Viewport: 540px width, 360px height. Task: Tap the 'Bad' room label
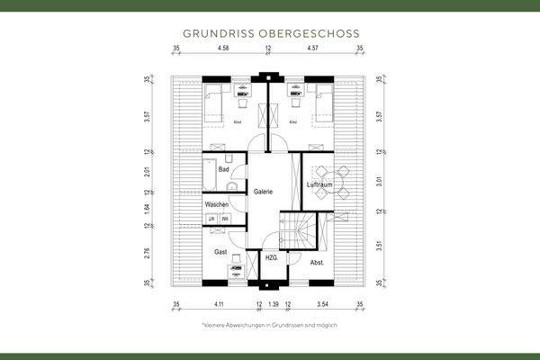click(x=223, y=169)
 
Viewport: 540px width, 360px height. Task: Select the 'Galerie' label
click(x=263, y=192)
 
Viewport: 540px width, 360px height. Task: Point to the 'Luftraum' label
click(x=319, y=184)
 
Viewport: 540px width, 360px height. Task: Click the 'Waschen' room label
click(x=217, y=205)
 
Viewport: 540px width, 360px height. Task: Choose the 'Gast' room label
click(x=220, y=253)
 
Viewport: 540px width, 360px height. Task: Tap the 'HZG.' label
click(x=271, y=257)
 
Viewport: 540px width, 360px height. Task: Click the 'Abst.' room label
click(x=317, y=263)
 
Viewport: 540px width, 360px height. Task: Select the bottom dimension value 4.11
click(x=218, y=306)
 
